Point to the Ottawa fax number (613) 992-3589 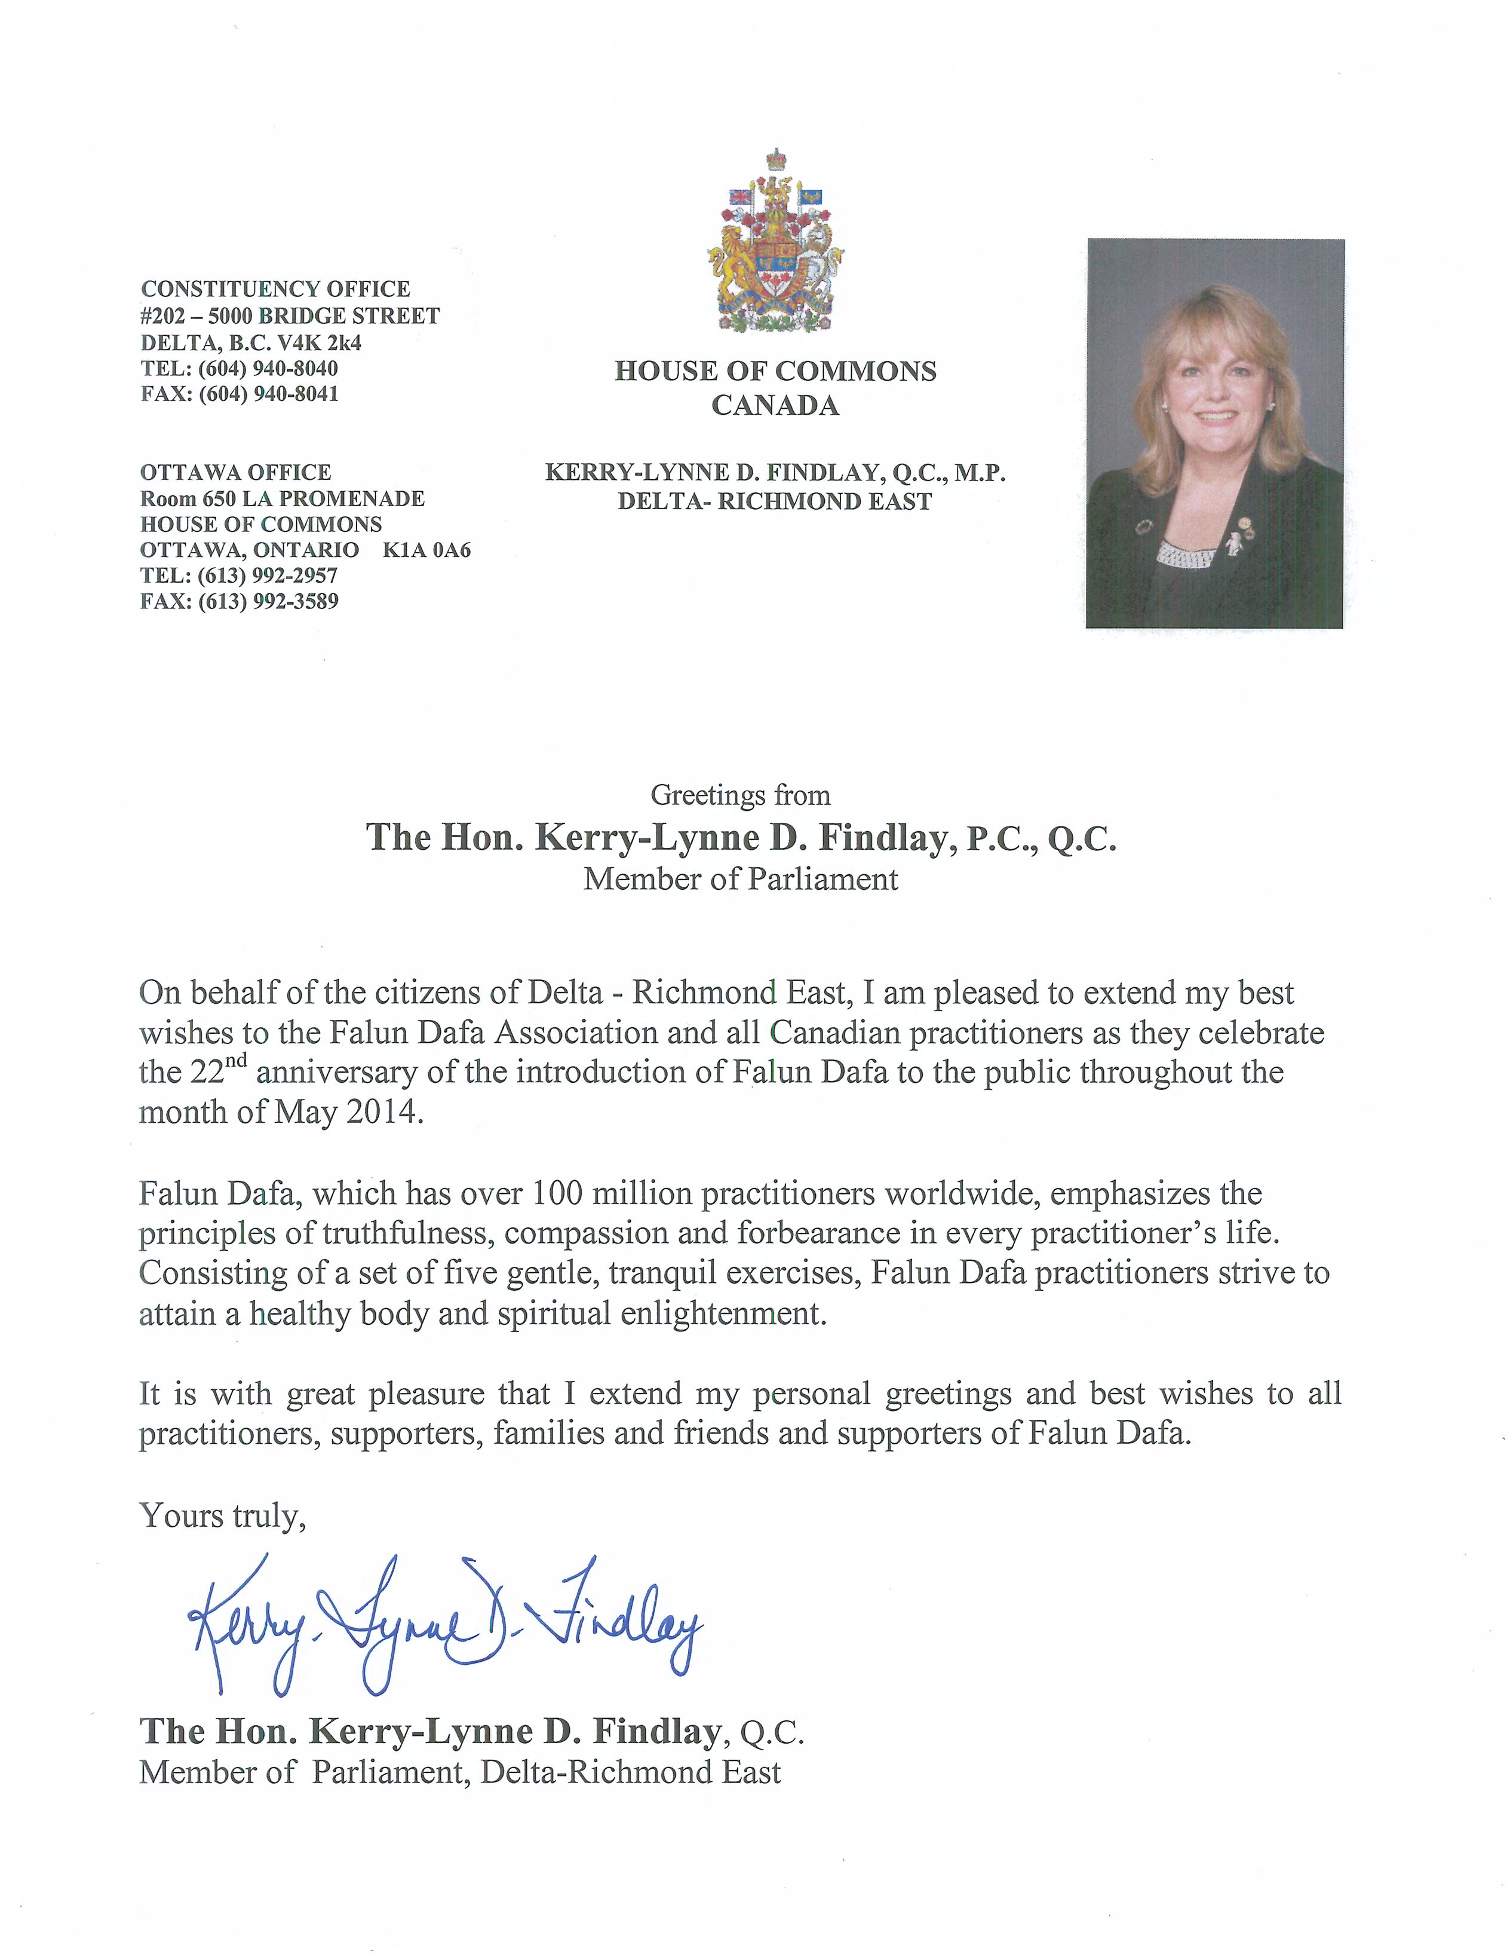pos(269,601)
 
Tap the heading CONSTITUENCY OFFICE pos(275,289)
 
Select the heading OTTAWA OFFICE pos(235,472)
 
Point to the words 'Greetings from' pos(740,795)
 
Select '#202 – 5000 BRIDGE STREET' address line pos(290,316)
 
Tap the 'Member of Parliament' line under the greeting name pos(740,878)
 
